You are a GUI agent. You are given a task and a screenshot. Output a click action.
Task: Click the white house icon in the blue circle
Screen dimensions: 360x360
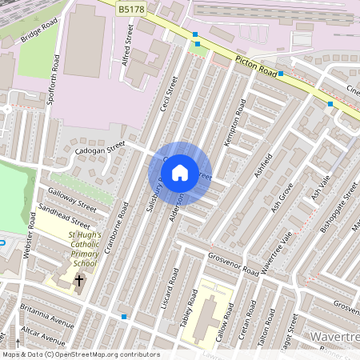(180, 172)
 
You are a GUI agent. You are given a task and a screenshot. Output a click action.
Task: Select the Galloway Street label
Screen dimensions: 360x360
(72, 199)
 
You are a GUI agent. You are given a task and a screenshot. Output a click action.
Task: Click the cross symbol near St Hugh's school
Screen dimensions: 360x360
(79, 280)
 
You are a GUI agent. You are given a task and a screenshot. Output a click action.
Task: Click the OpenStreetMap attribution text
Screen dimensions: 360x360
(80, 354)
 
